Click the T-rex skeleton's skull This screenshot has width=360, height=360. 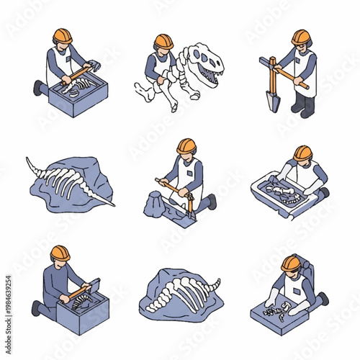(x=209, y=64)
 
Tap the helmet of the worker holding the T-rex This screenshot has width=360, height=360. (x=164, y=42)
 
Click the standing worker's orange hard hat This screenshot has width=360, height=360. (x=301, y=37)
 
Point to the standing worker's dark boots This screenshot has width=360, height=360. (x=302, y=107)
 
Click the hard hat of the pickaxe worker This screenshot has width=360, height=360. (x=186, y=146)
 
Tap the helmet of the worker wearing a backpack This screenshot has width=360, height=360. (x=291, y=263)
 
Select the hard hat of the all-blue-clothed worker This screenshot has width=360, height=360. (x=60, y=253)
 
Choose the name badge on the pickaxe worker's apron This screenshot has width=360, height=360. (x=190, y=173)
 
